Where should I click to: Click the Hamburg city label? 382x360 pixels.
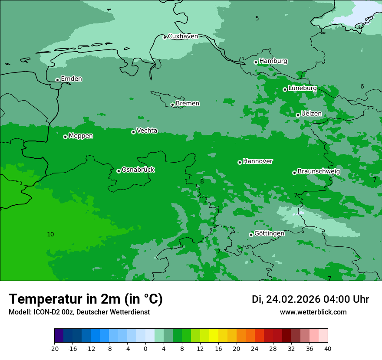pyautogui.click(x=273, y=61)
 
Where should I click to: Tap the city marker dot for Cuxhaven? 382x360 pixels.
pyautogui.click(x=165, y=37)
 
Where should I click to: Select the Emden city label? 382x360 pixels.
pyautogui.click(x=71, y=79)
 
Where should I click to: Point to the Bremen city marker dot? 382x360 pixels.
pyautogui.click(x=172, y=105)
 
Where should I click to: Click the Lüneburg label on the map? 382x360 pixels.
pyautogui.click(x=302, y=88)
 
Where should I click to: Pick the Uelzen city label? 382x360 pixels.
pyautogui.click(x=311, y=114)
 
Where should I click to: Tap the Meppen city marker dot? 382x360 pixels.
pyautogui.click(x=65, y=137)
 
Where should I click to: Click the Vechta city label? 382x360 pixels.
pyautogui.click(x=147, y=131)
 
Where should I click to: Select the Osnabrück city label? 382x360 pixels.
pyautogui.click(x=138, y=170)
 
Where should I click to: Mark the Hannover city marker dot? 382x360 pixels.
pyautogui.click(x=240, y=162)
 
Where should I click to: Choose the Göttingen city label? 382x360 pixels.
pyautogui.click(x=269, y=234)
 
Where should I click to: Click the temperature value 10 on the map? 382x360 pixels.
pyautogui.click(x=50, y=235)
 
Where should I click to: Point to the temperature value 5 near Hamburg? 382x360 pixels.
pyautogui.click(x=257, y=18)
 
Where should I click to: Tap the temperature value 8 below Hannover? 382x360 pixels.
pyautogui.click(x=202, y=182)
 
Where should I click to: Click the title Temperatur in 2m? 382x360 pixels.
pyautogui.click(x=86, y=299)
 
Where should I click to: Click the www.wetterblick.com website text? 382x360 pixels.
pyautogui.click(x=313, y=312)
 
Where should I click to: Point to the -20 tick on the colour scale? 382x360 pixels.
pyautogui.click(x=54, y=349)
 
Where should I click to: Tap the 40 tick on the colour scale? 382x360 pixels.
pyautogui.click(x=328, y=349)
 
